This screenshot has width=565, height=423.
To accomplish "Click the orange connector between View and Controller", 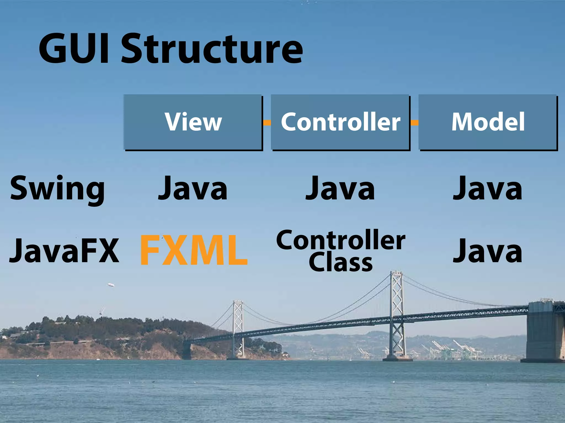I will pyautogui.click(x=267, y=123).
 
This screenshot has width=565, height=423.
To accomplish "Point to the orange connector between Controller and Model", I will pyautogui.click(x=414, y=123).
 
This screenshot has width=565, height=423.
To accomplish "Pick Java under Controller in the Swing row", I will pyautogui.click(x=340, y=189).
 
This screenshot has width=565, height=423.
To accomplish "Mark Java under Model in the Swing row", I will pyautogui.click(x=487, y=189).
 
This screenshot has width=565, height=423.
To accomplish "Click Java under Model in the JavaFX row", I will pyautogui.click(x=487, y=251).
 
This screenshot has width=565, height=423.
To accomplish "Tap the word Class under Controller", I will pyautogui.click(x=341, y=263).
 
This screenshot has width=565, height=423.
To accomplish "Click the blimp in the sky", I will pyautogui.click(x=111, y=285).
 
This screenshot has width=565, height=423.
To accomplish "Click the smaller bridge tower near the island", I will pyautogui.click(x=238, y=328).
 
